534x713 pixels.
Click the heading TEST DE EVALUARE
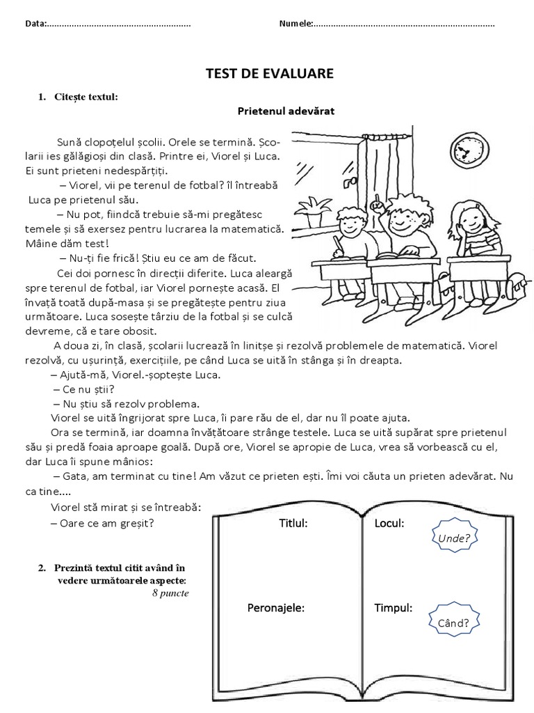click(x=268, y=73)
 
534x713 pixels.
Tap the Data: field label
click(x=35, y=24)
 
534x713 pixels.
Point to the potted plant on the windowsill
click(x=317, y=207)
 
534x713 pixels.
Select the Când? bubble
click(x=454, y=621)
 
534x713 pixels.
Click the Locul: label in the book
click(x=389, y=523)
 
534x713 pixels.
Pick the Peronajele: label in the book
click(x=276, y=608)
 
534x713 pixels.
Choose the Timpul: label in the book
click(x=393, y=608)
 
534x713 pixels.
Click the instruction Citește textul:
click(x=86, y=97)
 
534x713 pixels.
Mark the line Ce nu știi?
click(x=83, y=389)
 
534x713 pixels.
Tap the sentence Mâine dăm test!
click(x=67, y=244)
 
